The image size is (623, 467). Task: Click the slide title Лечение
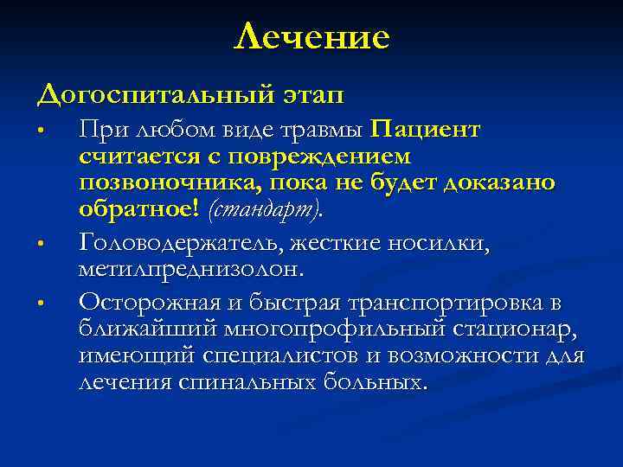click(x=311, y=37)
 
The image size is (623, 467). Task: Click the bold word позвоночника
click(x=155, y=183)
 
